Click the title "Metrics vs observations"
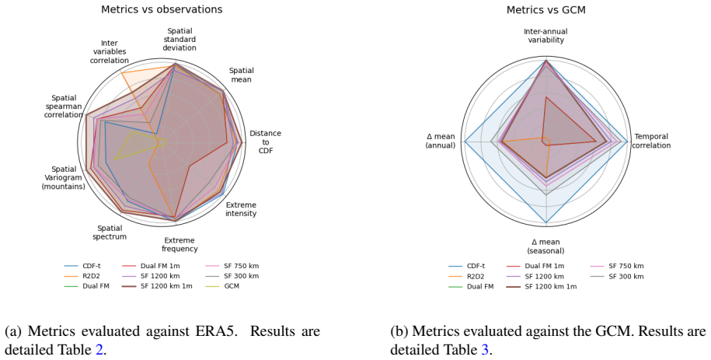pos(162,9)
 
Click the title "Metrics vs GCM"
pos(546,10)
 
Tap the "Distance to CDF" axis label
pos(265,142)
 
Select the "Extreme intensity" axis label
pos(241,209)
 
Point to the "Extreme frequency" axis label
pos(179,245)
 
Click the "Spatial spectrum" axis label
pos(110,232)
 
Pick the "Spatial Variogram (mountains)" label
pos(64,178)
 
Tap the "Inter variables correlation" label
pos(110,52)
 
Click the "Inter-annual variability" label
pos(545,36)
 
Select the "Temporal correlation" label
pos(651,142)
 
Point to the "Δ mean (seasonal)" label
pos(545,246)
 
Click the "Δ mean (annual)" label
pos(441,142)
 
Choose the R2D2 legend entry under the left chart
pos(83,277)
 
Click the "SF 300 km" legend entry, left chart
pos(232,277)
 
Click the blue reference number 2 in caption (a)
pos(99,350)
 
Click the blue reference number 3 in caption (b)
pos(485,350)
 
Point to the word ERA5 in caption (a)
pos(216,331)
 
